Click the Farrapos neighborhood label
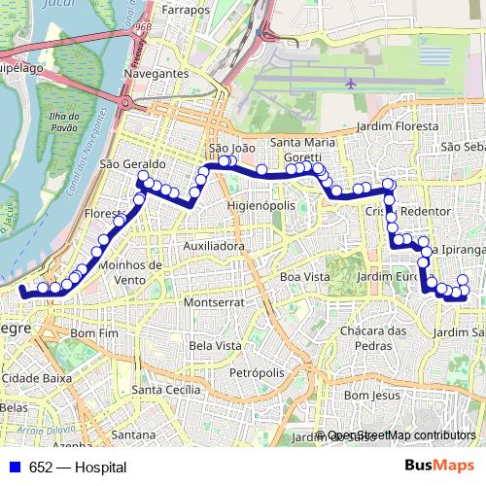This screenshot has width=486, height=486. coord(186,9)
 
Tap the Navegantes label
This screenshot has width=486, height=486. coord(156,73)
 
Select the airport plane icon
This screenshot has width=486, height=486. coord(350,84)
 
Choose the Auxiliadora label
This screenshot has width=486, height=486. coord(214,246)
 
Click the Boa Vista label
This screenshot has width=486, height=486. coord(304,277)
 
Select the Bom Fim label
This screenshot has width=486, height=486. coord(94,332)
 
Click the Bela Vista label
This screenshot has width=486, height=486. coord(216,345)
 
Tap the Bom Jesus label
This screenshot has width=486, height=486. coord(372,396)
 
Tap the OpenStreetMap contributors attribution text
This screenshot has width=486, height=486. coord(400,436)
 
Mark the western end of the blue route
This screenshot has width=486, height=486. coord(22,290)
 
